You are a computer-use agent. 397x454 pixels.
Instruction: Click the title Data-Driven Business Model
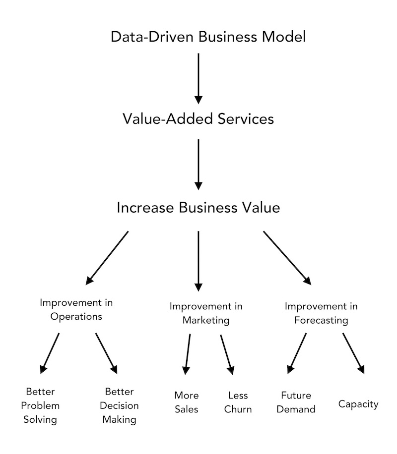pyautogui.click(x=208, y=37)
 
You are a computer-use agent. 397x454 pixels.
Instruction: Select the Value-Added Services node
pyautogui.click(x=198, y=119)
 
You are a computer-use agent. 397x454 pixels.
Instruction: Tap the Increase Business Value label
pyautogui.click(x=198, y=208)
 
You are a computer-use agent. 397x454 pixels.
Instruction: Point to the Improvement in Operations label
pyautogui.click(x=76, y=309)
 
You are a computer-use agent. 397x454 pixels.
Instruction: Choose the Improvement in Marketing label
pyautogui.click(x=206, y=313)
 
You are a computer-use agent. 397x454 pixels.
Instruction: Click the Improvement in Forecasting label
pyautogui.click(x=321, y=313)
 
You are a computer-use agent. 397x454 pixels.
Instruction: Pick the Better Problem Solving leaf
pyautogui.click(x=40, y=405)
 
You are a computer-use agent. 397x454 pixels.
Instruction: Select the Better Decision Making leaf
pyautogui.click(x=119, y=405)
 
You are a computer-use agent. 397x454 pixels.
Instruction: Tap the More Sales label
pyautogui.click(x=187, y=402)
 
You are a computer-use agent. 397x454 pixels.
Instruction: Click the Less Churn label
pyautogui.click(x=238, y=402)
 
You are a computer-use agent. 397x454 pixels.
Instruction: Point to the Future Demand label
pyautogui.click(x=296, y=402)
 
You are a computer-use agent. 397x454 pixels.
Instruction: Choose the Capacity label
pyautogui.click(x=358, y=404)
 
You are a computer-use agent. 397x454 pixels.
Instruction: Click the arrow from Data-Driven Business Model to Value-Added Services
pyautogui.click(x=198, y=78)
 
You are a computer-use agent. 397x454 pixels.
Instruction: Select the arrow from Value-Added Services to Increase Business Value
pyautogui.click(x=198, y=165)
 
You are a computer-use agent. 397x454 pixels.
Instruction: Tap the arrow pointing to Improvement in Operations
pyautogui.click(x=107, y=258)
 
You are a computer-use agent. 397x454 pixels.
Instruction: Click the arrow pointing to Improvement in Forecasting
pyautogui.click(x=287, y=258)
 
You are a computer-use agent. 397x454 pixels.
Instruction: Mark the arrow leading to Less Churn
pyautogui.click(x=227, y=355)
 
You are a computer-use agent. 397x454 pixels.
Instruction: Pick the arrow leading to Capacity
pyautogui.click(x=353, y=353)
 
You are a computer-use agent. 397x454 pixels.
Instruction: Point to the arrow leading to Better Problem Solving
pyautogui.click(x=50, y=353)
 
